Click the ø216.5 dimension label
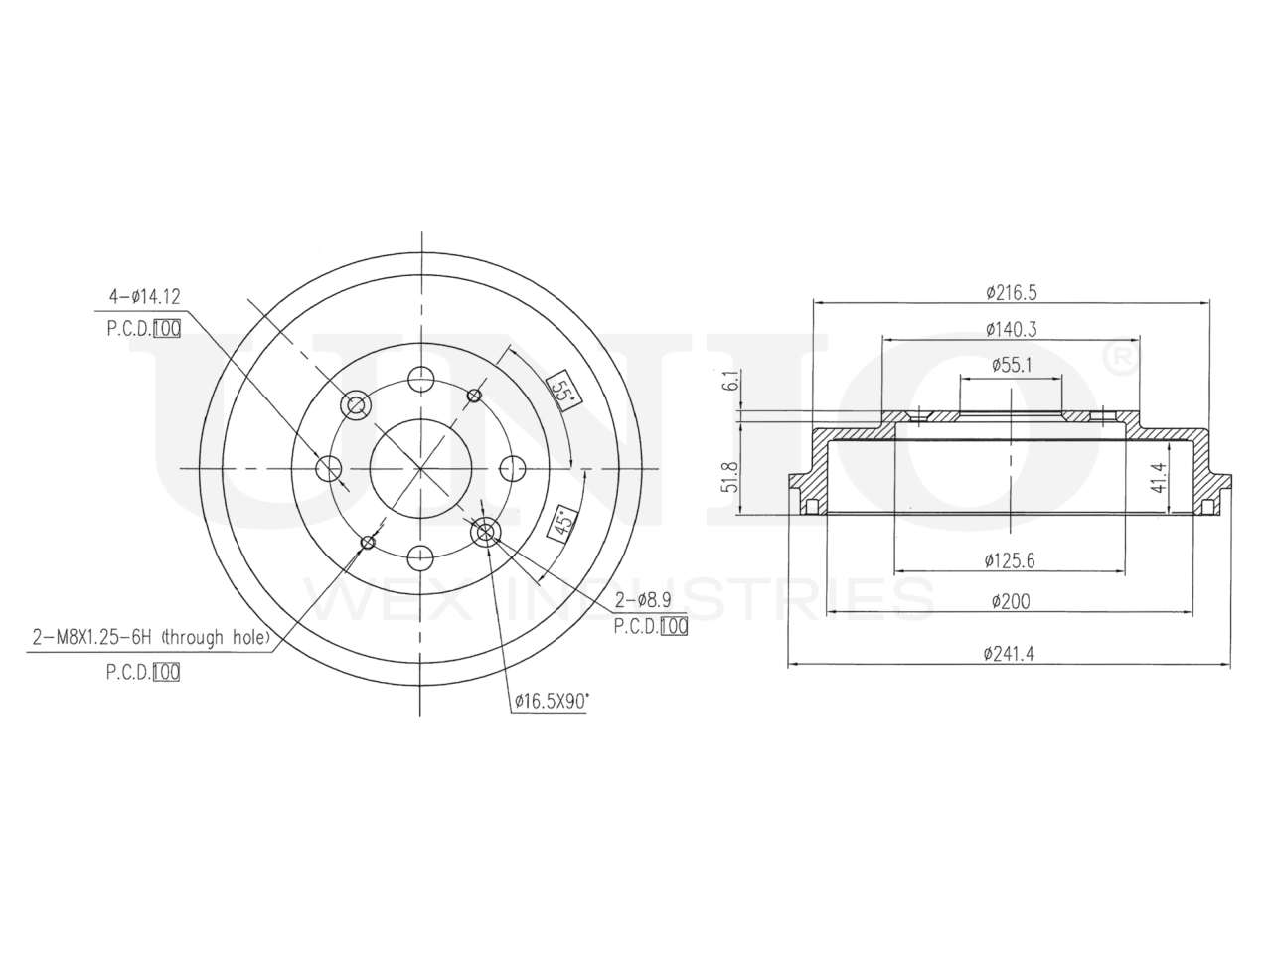tap(1012, 293)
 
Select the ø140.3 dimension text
tap(1012, 329)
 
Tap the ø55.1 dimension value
tap(1012, 365)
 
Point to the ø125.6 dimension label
tap(1010, 560)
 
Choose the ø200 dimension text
tap(1011, 602)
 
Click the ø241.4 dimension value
tap(1009, 654)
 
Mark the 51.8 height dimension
tap(731, 477)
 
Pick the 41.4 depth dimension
tap(1156, 477)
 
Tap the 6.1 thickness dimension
tap(732, 380)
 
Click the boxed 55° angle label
tap(563, 389)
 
